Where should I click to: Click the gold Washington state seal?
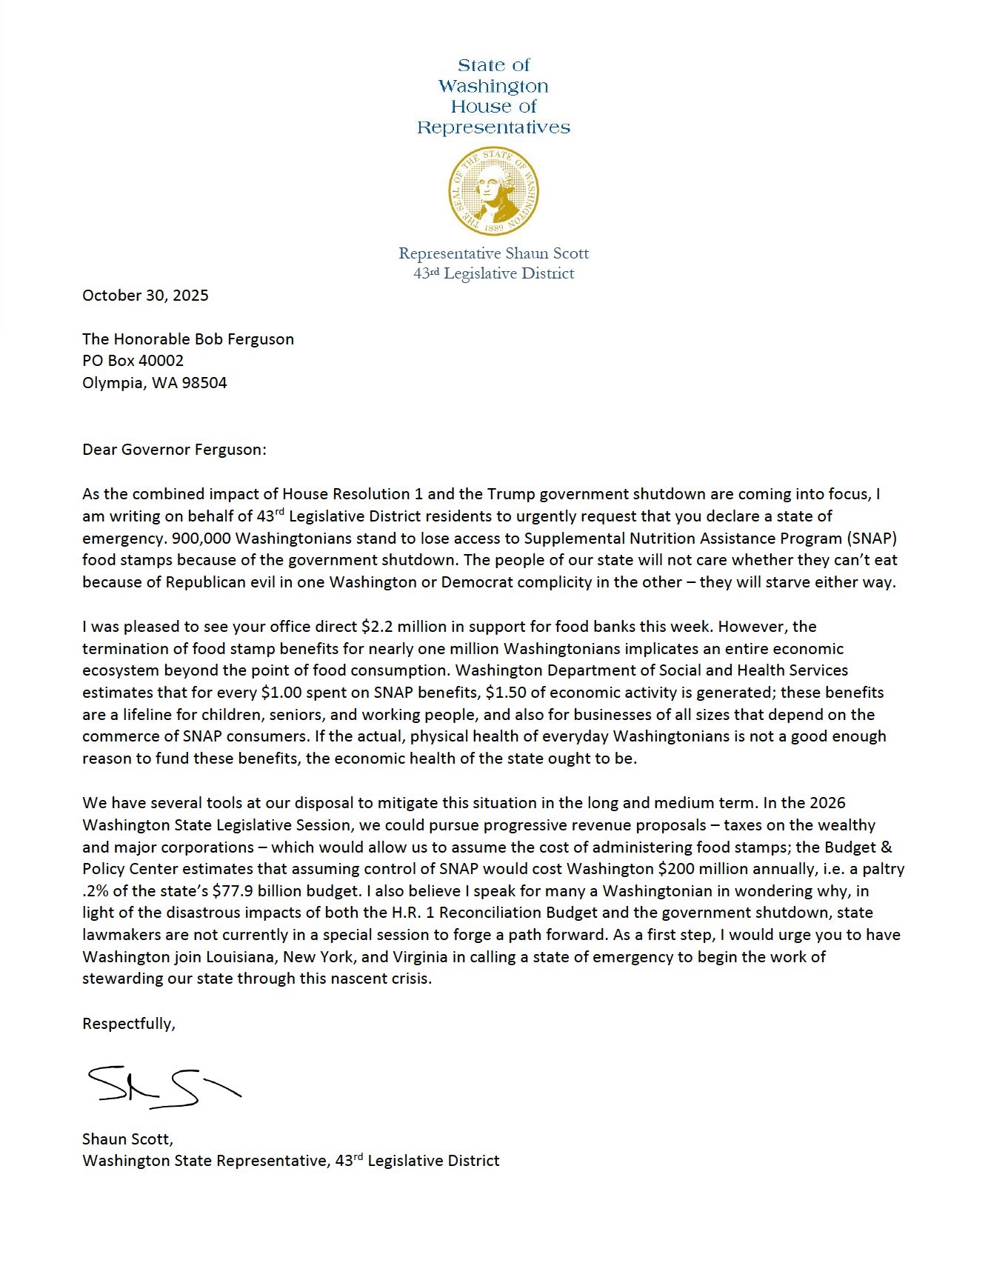(493, 191)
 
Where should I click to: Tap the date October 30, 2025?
(145, 296)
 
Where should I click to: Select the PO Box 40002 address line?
(133, 361)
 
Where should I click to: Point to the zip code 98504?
(204, 383)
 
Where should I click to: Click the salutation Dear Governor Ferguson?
(174, 450)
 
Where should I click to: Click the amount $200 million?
(696, 869)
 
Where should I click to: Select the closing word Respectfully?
(128, 1024)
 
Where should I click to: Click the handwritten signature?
(163, 1087)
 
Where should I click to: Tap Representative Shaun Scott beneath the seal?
(493, 253)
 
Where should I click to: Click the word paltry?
(882, 869)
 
